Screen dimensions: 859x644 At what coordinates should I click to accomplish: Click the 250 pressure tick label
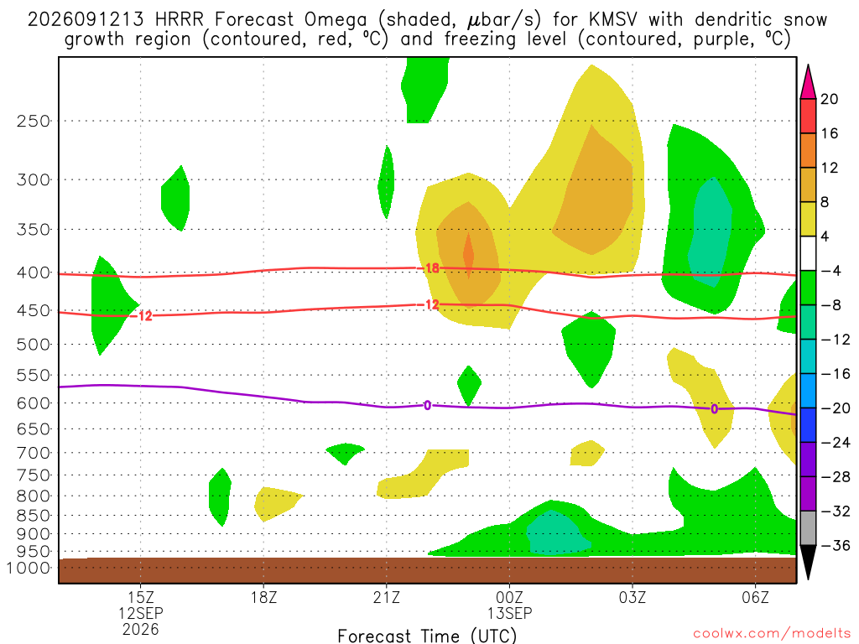34,121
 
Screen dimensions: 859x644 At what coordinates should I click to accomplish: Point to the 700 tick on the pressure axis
34,453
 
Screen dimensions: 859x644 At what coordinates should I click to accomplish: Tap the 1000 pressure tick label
29,568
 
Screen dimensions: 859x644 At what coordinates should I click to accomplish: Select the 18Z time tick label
263,597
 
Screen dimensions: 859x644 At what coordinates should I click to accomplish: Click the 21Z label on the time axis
387,597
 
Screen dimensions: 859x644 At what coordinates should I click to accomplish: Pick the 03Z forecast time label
633,597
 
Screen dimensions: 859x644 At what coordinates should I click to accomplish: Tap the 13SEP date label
509,613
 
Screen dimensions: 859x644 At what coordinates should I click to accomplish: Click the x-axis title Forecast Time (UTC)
427,636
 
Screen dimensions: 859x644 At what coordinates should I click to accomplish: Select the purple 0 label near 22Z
427,405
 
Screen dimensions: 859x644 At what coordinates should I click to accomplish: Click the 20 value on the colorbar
829,99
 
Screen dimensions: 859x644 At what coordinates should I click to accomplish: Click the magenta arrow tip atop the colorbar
808,65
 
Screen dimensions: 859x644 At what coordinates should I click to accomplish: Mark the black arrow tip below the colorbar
808,579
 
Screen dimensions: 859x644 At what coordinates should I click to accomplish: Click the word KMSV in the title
613,20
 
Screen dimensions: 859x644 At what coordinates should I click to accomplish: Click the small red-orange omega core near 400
468,255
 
